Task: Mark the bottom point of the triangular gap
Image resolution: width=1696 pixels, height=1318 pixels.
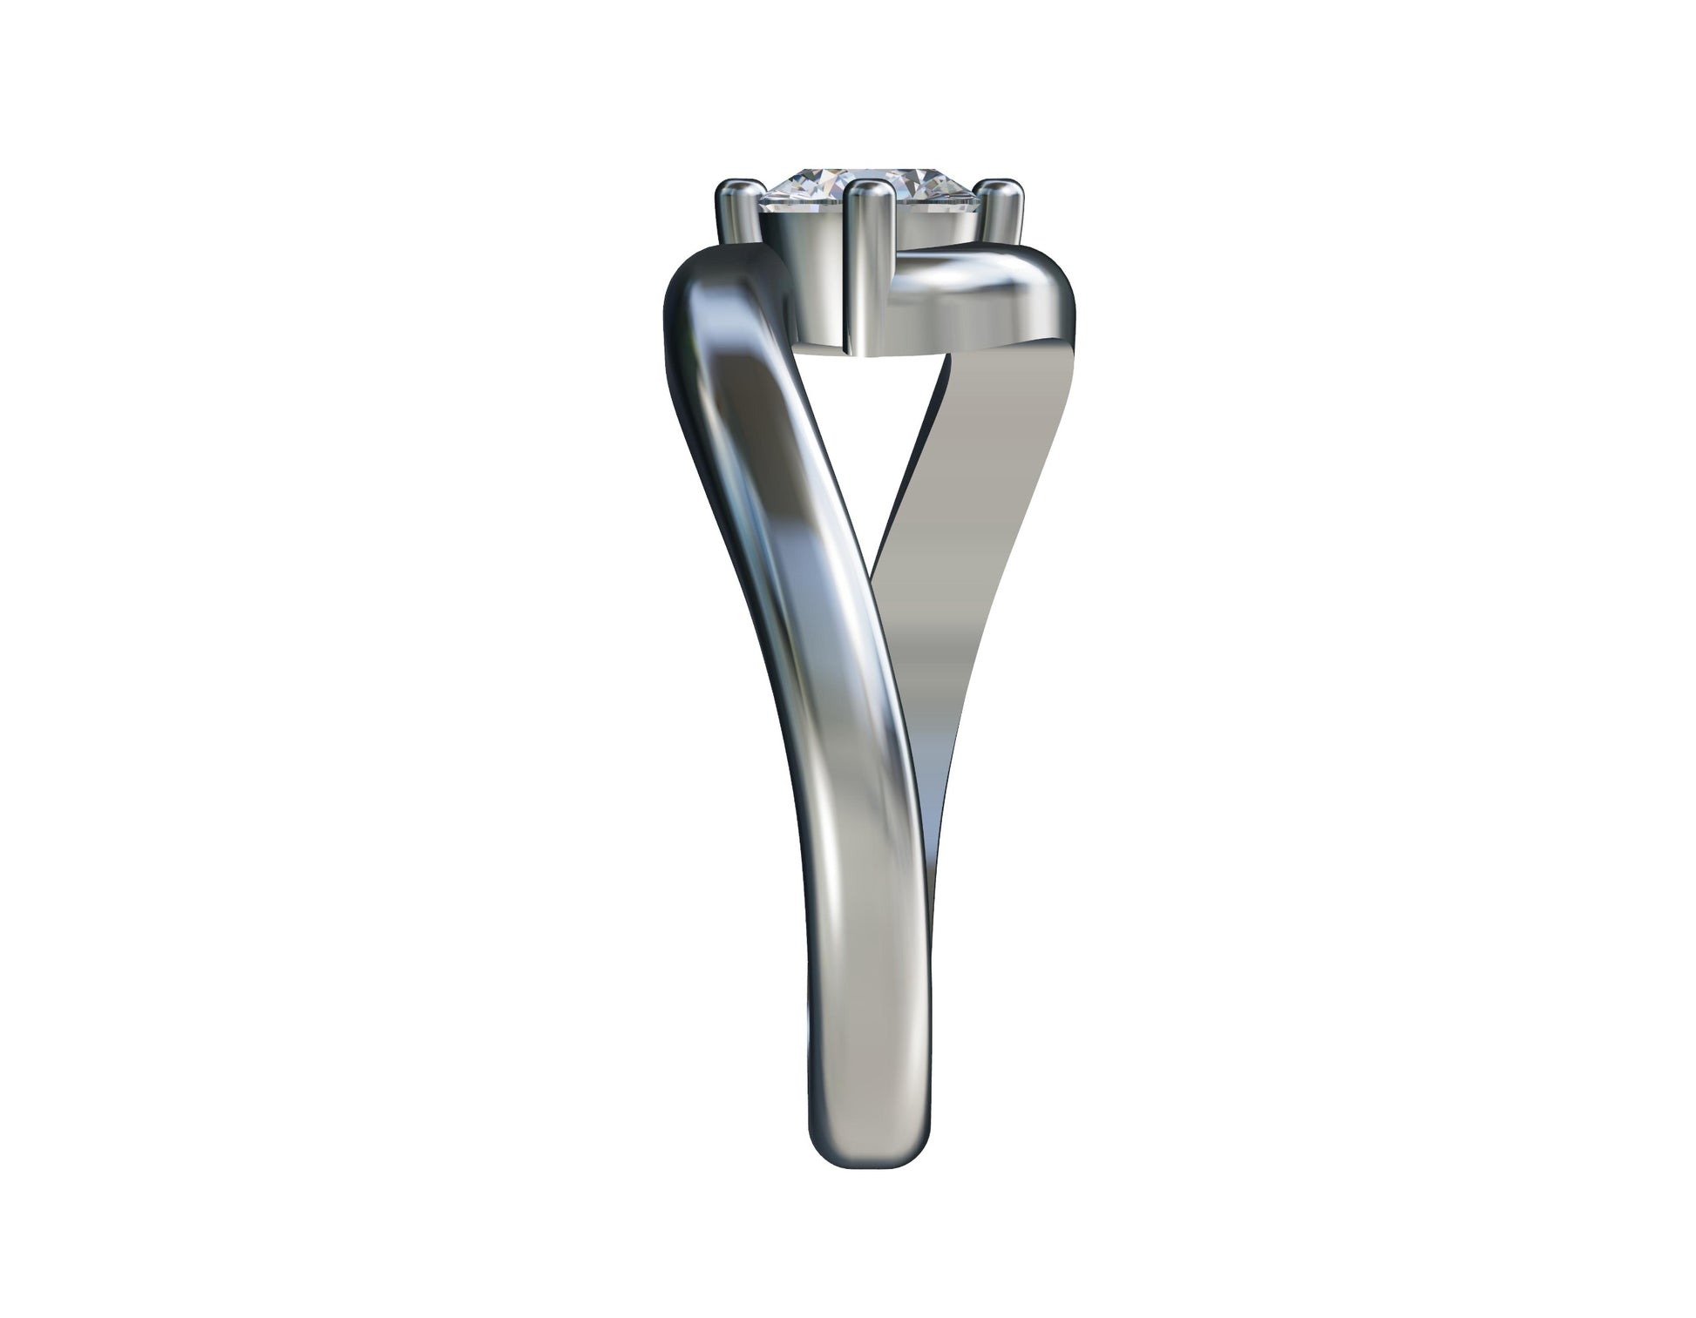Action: point(872,558)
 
